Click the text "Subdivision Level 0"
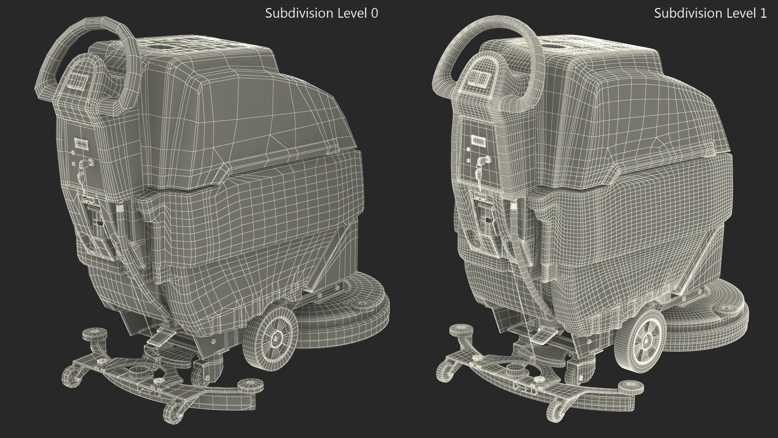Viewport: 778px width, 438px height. point(321,13)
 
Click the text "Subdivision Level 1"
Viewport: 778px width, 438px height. point(710,13)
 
